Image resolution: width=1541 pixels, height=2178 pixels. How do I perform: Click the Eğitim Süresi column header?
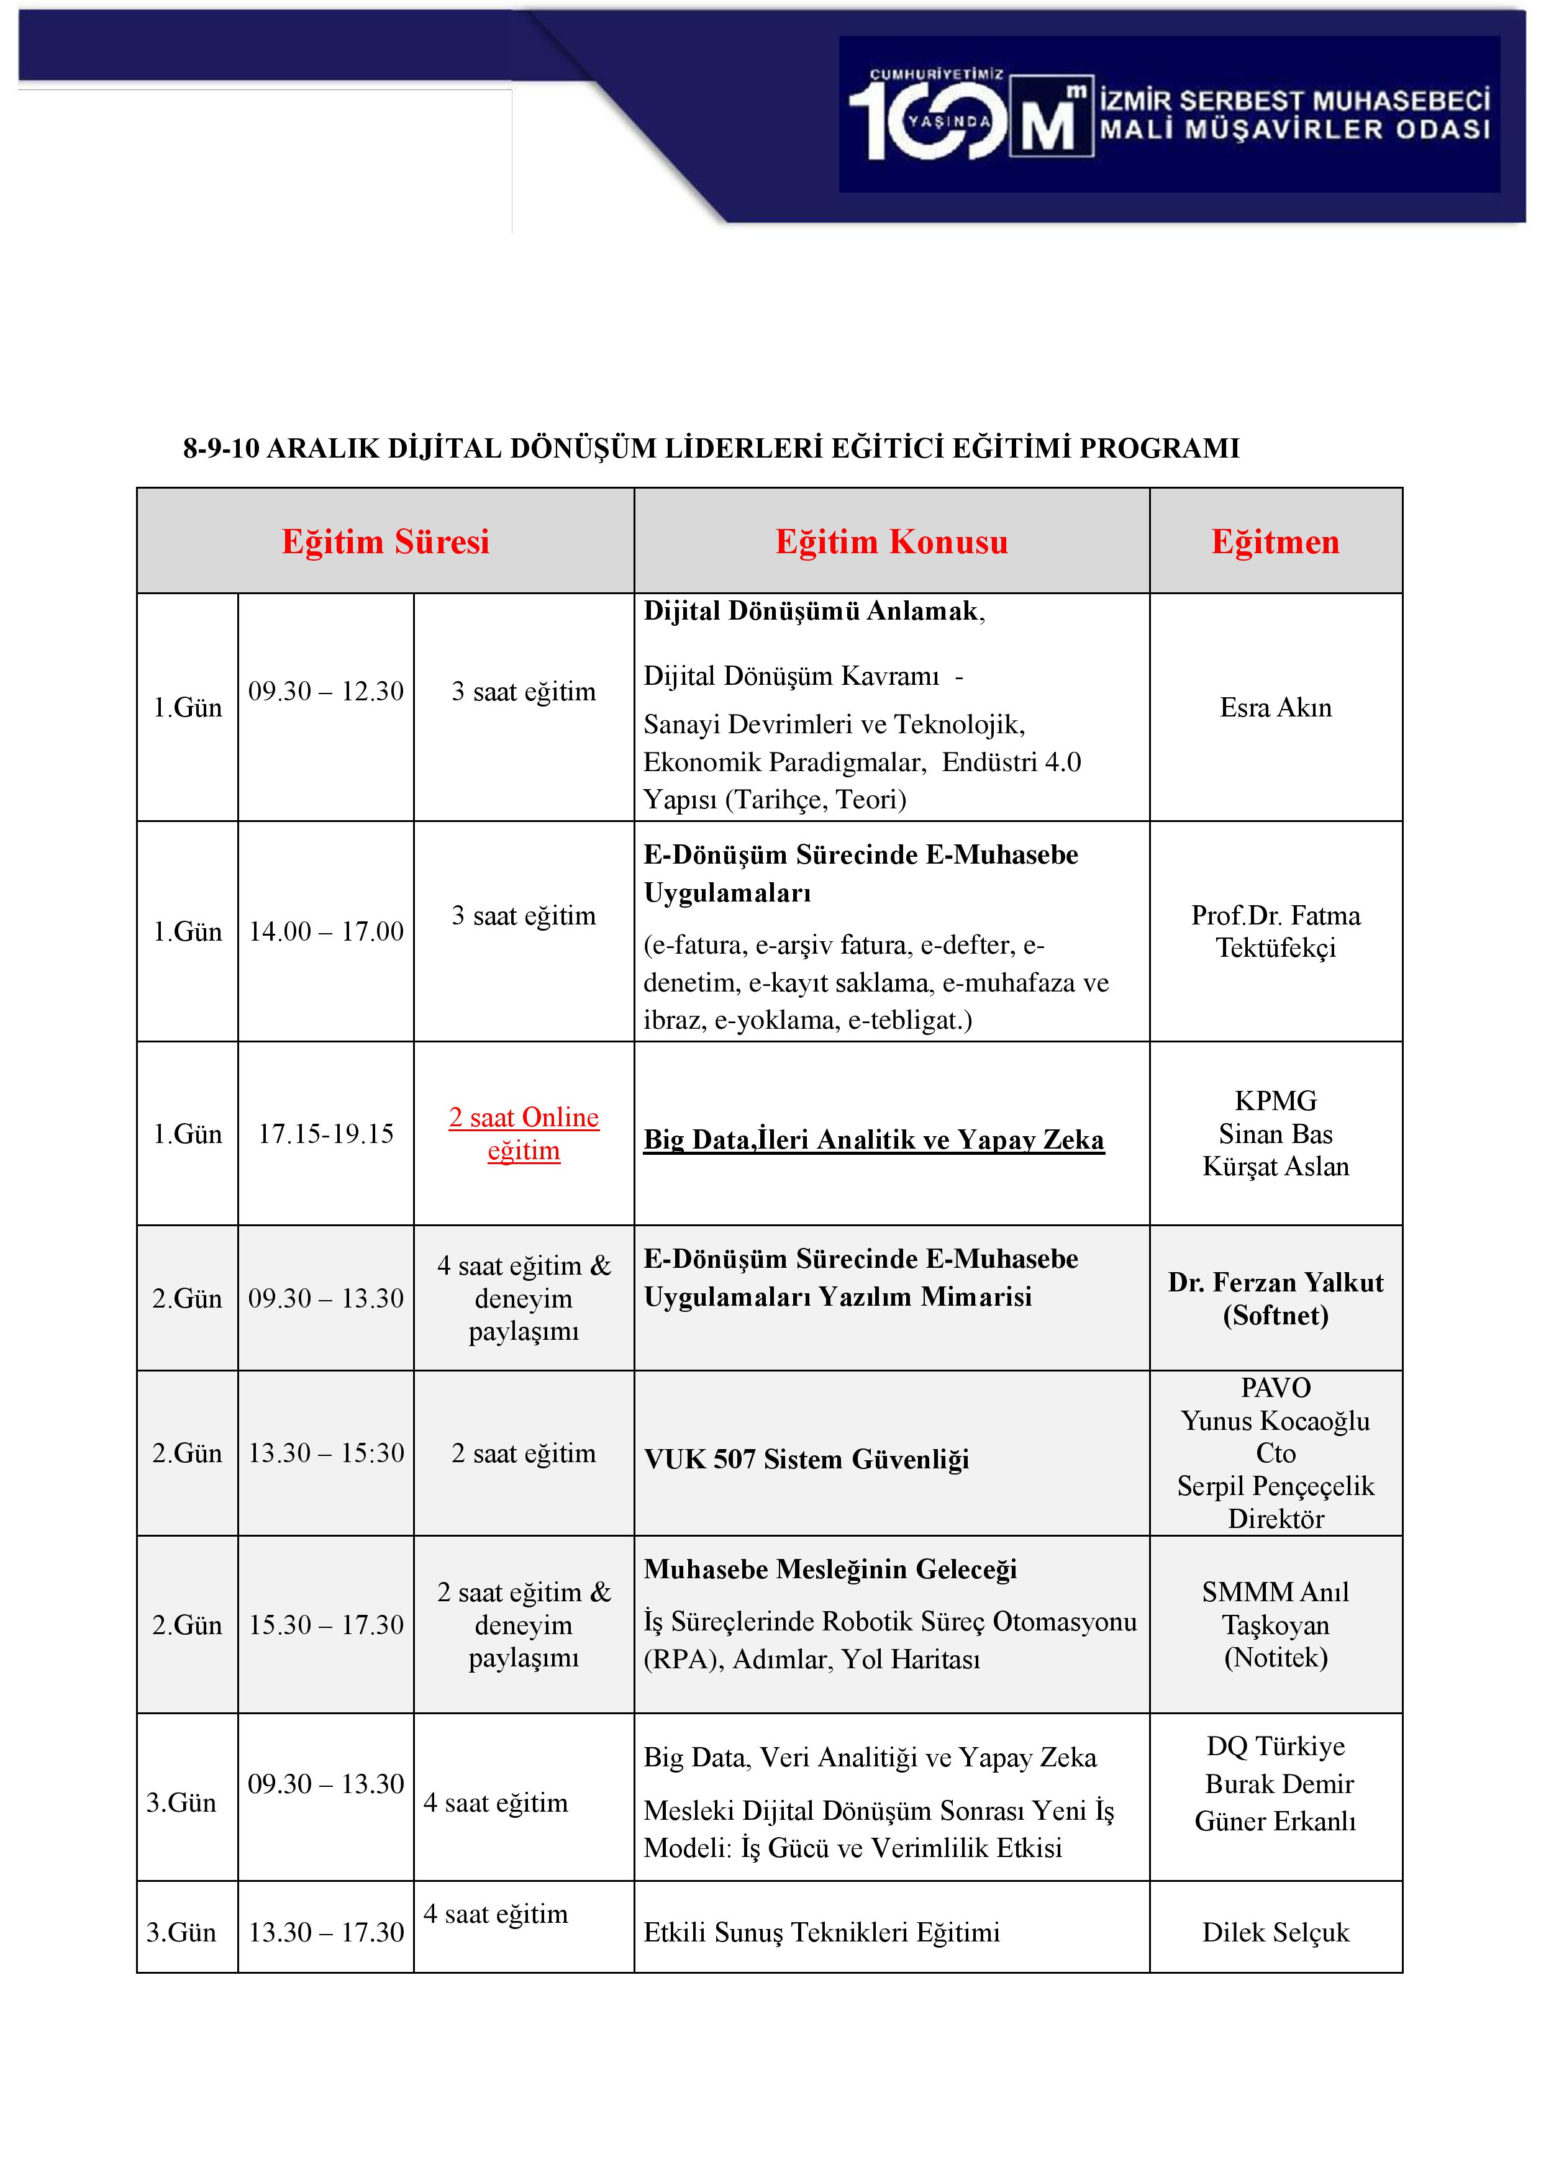pyautogui.click(x=385, y=541)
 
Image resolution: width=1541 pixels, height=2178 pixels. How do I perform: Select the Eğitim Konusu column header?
pyautogui.click(x=891, y=541)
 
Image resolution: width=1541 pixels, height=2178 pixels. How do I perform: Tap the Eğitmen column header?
pyautogui.click(x=1275, y=541)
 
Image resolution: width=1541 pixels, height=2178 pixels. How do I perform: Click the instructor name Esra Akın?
pyautogui.click(x=1275, y=708)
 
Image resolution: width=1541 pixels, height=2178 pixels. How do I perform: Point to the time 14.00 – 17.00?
pyautogui.click(x=325, y=931)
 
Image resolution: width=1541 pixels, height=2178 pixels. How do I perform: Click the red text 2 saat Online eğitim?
pyautogui.click(x=524, y=1134)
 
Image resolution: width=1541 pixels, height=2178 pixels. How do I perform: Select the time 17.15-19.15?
pyautogui.click(x=325, y=1134)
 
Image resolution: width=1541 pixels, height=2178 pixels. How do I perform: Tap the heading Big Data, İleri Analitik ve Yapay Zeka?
pyautogui.click(x=873, y=1139)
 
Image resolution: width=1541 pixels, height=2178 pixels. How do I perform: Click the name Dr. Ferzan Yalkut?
pyautogui.click(x=1275, y=1283)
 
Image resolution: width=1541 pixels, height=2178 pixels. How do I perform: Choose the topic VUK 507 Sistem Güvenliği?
pyautogui.click(x=806, y=1459)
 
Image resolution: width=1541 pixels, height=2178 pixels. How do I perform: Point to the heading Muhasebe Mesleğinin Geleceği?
pyautogui.click(x=829, y=1569)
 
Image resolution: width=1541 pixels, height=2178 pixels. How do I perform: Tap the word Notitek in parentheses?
pyautogui.click(x=1275, y=1657)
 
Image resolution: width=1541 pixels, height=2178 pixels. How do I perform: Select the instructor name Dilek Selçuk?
pyautogui.click(x=1275, y=1932)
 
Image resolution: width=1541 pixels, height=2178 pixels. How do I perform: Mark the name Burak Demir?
pyautogui.click(x=1278, y=1783)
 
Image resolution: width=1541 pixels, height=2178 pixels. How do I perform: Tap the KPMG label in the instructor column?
pyautogui.click(x=1275, y=1100)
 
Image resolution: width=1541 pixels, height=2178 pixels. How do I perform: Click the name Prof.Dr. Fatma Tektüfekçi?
pyautogui.click(x=1275, y=931)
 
